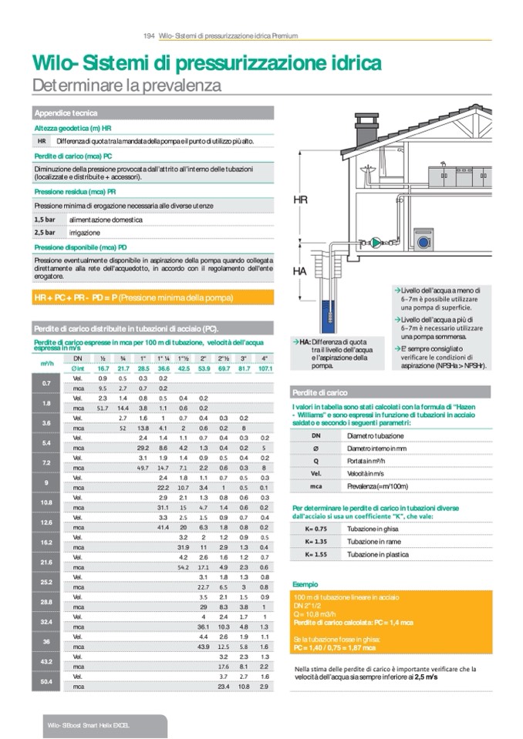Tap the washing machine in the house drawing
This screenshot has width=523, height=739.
point(423,239)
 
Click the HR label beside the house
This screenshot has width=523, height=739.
point(301,200)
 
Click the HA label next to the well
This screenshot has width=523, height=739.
point(300,272)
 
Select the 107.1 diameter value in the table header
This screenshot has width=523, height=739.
point(265,369)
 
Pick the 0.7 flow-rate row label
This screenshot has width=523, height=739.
point(46,383)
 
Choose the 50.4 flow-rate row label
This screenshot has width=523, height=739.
point(46,681)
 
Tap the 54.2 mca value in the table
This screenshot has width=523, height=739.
point(183,567)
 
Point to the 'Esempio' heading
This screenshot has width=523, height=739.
point(305,584)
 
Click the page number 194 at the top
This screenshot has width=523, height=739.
point(150,35)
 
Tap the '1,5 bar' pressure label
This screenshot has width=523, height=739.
point(45,220)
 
